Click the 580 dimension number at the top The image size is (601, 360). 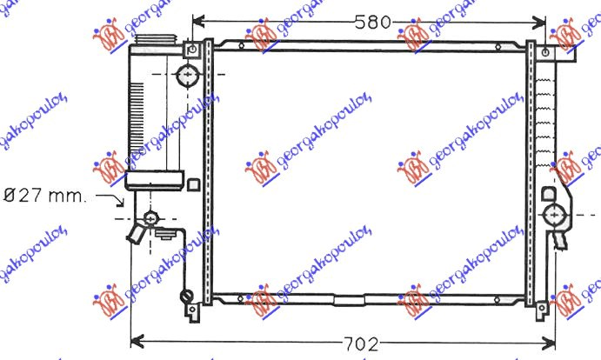[373, 22]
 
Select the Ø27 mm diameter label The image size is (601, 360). [43, 196]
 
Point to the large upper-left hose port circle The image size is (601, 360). [187, 76]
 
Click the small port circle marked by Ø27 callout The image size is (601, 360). [152, 217]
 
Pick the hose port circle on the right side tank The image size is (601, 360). [554, 212]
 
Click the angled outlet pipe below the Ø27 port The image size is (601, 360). [136, 234]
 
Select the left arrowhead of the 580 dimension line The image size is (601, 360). [197, 22]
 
